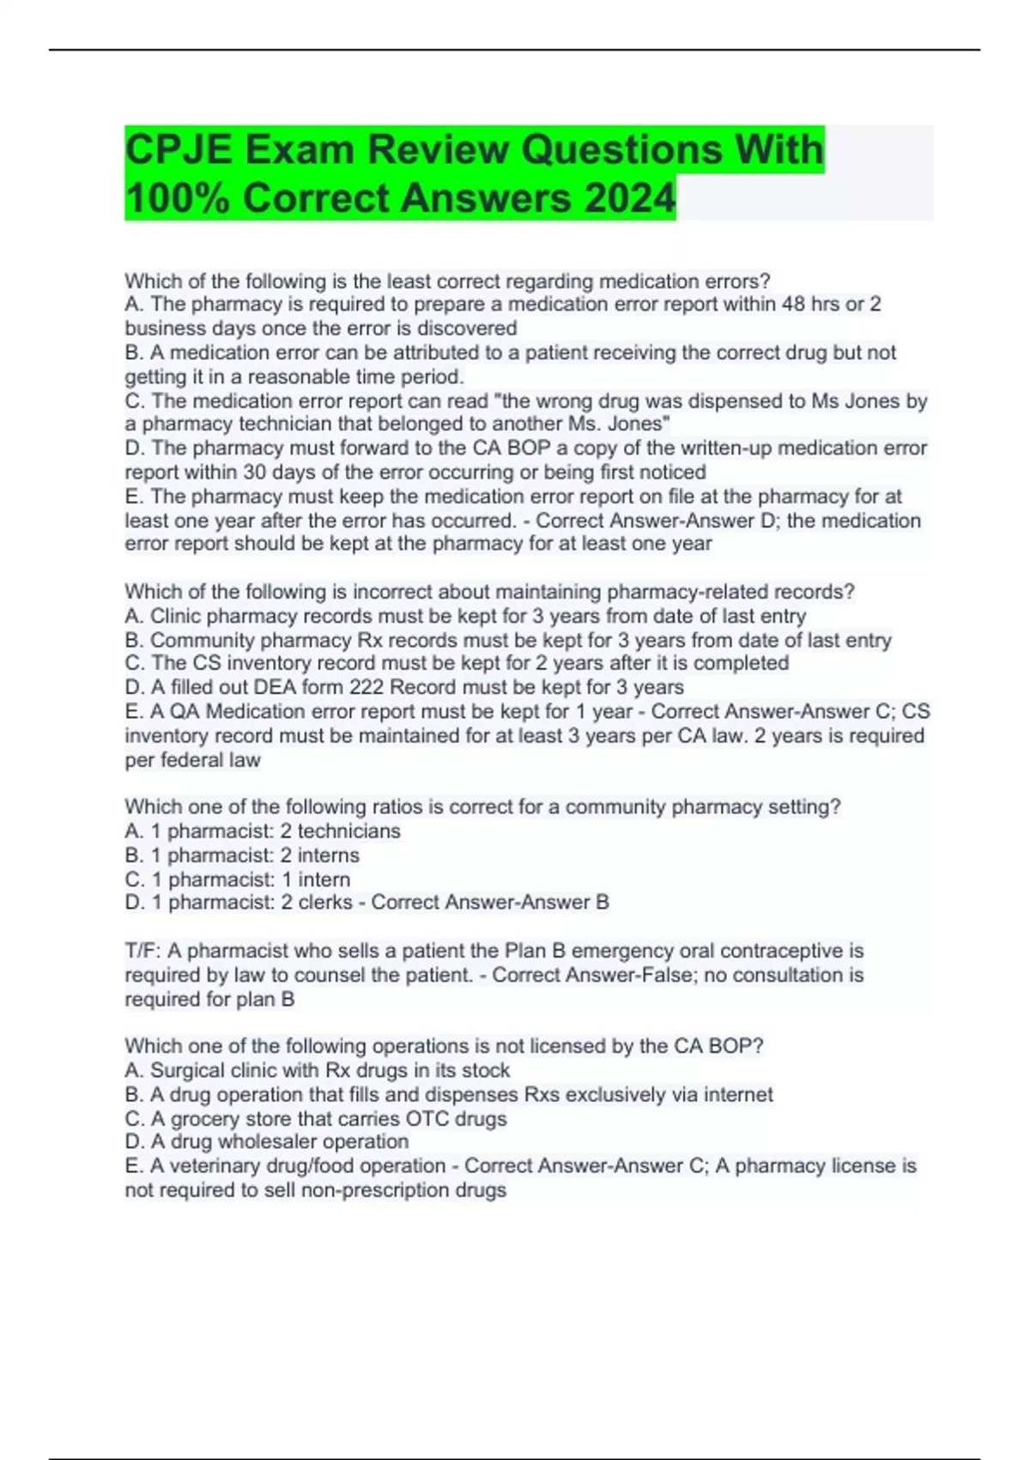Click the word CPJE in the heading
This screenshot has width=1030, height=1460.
[179, 150]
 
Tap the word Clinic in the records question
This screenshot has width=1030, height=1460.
[176, 616]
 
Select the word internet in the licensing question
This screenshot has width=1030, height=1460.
[738, 1094]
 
